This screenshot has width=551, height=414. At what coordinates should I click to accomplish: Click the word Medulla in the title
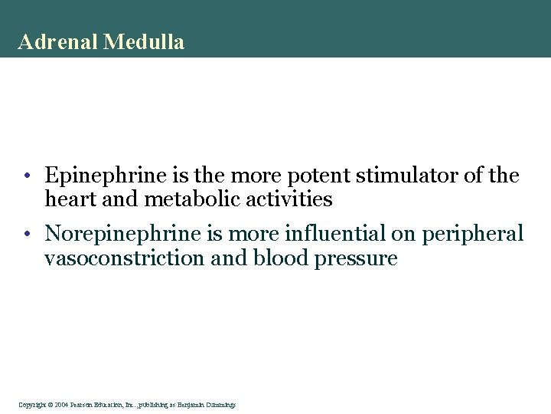[x=145, y=42]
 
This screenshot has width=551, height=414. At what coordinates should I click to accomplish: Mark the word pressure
[x=357, y=258]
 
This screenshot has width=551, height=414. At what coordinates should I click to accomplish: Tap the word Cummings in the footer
[x=220, y=403]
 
